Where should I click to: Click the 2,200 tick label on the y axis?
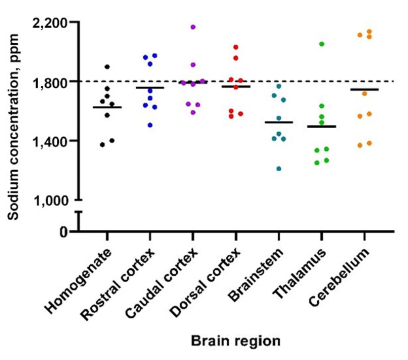50,23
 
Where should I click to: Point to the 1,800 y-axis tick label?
50,82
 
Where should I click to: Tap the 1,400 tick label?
50,140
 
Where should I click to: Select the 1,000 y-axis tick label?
50,199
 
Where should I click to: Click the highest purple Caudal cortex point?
193,27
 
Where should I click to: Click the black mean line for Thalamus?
322,127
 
